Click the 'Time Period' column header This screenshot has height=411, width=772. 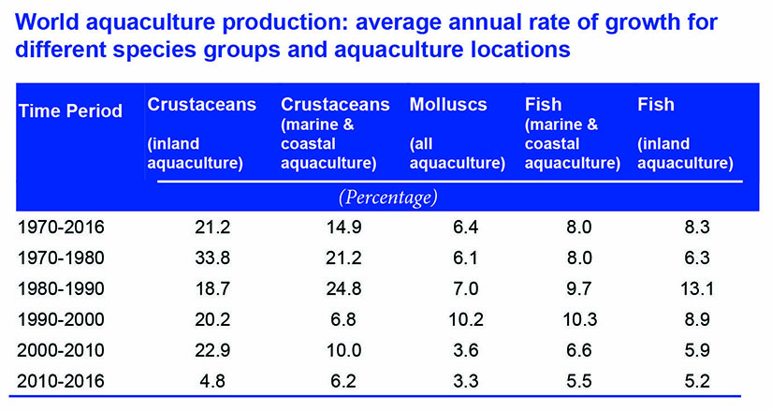pyautogui.click(x=70, y=111)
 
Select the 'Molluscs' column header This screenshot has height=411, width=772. pyautogui.click(x=448, y=105)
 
